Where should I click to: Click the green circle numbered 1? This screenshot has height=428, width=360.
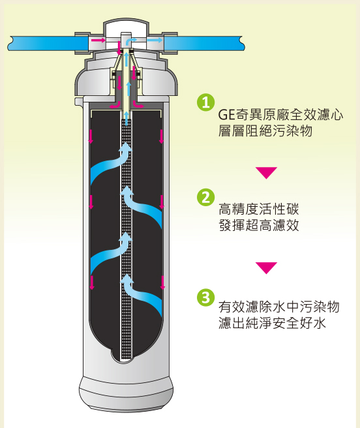coord(205,102)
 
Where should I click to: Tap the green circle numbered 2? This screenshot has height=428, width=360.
coord(205,197)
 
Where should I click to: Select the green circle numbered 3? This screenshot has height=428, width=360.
coord(205,297)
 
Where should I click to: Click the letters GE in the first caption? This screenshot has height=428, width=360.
coord(226,115)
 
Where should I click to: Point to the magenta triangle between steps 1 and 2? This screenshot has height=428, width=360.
coord(266,173)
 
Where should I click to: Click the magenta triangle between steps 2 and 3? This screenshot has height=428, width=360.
coord(266,267)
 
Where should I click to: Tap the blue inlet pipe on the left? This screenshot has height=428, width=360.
coord(48,44)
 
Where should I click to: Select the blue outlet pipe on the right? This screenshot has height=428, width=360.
coord(204,44)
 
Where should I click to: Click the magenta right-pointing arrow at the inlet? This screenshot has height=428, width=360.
coord(98,40)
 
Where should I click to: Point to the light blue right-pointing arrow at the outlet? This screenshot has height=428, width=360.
coord(155,40)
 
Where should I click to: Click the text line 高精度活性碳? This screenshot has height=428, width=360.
coord(259,209)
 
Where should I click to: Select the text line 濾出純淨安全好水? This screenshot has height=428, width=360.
coord(272,323)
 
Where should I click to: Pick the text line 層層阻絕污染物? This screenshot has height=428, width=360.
coord(265,130)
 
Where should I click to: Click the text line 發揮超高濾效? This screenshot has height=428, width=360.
coord(259,226)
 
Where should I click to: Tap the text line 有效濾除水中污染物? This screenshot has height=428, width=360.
coord(279,307)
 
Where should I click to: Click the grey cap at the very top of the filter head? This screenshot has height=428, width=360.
coord(126,27)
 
